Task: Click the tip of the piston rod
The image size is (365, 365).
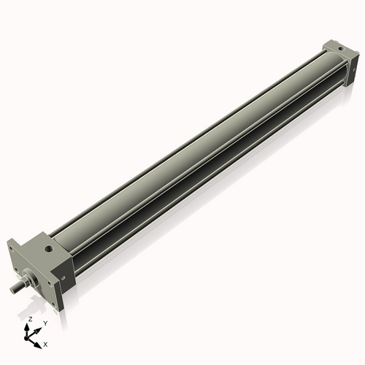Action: point(12,290)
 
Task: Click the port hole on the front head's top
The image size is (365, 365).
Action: point(48,250)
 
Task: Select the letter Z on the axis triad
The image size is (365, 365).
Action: point(29,320)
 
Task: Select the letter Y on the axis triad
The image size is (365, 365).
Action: point(45,322)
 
